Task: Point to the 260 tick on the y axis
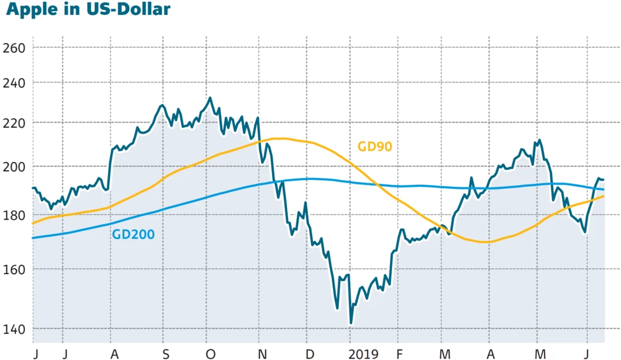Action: click(13, 48)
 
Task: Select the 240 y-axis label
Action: click(13, 83)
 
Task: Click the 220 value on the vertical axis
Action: click(13, 123)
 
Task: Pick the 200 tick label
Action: click(13, 167)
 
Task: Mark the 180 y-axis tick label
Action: click(13, 215)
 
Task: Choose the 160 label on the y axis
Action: click(13, 269)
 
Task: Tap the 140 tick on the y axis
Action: click(13, 329)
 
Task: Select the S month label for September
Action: click(166, 354)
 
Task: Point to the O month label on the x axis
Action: click(210, 354)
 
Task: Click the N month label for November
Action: click(263, 354)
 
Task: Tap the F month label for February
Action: click(399, 354)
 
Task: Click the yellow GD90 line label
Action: click(375, 146)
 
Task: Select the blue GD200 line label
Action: click(133, 234)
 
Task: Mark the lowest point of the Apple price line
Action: click(351, 323)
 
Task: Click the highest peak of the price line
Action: click(210, 97)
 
